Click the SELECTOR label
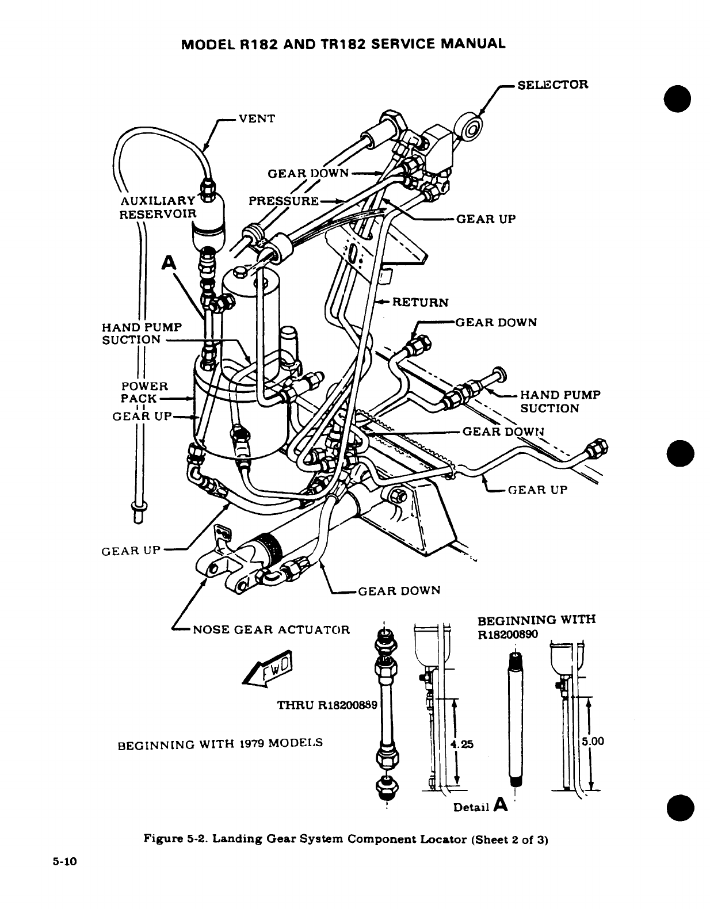click(552, 85)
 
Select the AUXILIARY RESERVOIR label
click(158, 208)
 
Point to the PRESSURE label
click(284, 201)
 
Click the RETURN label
click(419, 302)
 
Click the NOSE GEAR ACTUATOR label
click(271, 629)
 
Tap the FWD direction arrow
click(268, 669)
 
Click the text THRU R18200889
click(327, 705)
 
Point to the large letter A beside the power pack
click(169, 262)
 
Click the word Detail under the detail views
click(471, 807)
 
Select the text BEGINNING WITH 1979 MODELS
click(220, 743)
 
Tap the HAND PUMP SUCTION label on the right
click(560, 402)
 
